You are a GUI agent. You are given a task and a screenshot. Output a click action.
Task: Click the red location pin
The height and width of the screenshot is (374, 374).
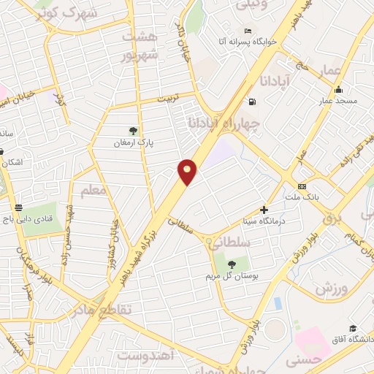(188, 171)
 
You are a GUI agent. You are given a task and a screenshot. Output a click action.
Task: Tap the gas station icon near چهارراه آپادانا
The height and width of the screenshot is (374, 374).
(252, 102)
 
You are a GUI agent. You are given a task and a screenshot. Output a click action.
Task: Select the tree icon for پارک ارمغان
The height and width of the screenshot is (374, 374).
(132, 131)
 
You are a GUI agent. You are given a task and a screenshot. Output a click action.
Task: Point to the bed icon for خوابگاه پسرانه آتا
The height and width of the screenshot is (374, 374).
(248, 31)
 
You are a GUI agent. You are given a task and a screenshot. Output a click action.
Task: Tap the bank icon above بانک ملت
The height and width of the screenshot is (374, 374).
(302, 186)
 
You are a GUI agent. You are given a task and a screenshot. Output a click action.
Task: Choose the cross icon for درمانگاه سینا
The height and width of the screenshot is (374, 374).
(264, 210)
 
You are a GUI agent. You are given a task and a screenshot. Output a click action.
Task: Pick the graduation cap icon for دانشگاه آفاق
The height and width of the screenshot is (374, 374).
(353, 328)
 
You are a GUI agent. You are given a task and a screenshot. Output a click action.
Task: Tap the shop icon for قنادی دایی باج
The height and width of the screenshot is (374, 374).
(18, 207)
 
